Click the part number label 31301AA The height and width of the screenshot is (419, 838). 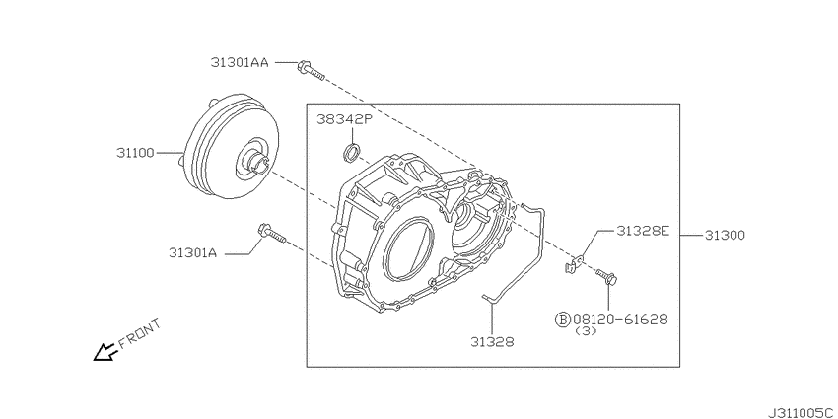click(x=239, y=62)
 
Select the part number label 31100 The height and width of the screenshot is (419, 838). click(x=134, y=154)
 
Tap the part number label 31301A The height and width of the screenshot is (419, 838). click(x=192, y=252)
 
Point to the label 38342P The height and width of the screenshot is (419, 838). click(x=343, y=119)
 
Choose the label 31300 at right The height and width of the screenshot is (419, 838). click(x=725, y=236)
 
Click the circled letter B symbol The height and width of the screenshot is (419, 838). click(x=563, y=319)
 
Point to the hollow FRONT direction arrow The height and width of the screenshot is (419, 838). click(x=103, y=350)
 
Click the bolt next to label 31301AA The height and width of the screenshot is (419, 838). click(x=310, y=68)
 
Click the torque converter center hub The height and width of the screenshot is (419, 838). click(x=252, y=160)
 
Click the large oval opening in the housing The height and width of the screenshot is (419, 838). click(x=406, y=253)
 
